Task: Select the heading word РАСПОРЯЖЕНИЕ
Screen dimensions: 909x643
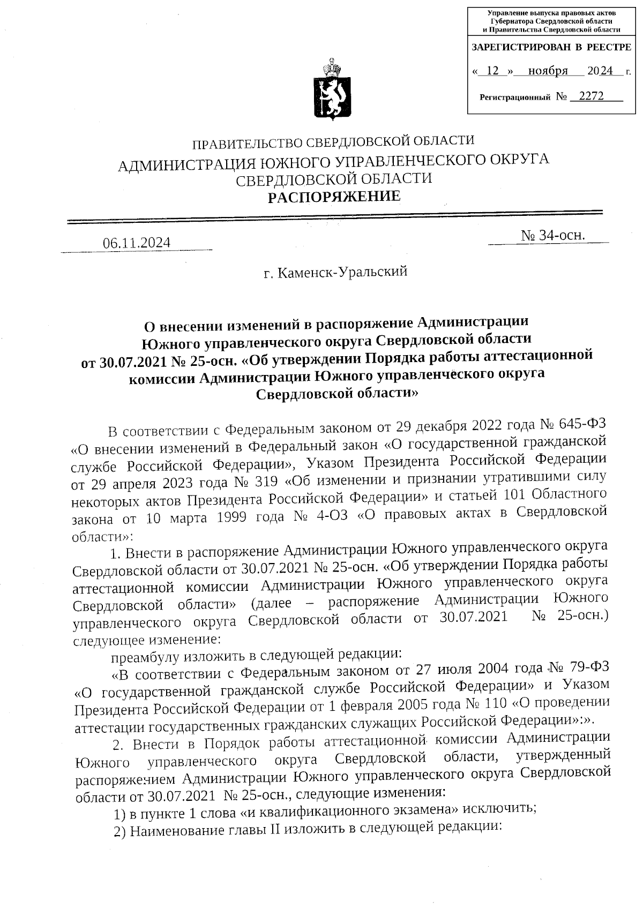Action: [334, 197]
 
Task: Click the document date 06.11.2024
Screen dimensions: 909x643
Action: [137, 243]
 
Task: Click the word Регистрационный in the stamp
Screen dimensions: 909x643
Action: [515, 97]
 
